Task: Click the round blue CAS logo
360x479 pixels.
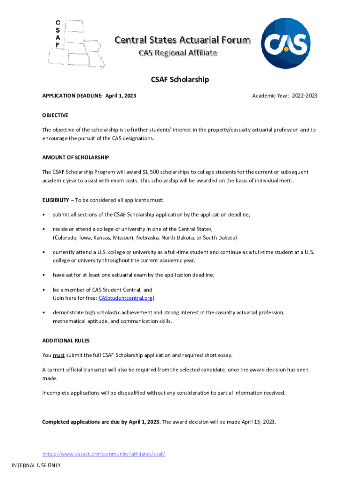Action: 285,44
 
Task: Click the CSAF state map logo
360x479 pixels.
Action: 75,44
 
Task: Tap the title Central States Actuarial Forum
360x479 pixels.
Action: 182,40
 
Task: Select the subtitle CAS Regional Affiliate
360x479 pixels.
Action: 178,53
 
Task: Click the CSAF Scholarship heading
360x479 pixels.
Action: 180,80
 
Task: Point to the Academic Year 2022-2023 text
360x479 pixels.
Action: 284,96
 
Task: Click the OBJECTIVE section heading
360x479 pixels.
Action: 55,116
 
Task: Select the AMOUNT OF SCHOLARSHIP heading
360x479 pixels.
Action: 76,158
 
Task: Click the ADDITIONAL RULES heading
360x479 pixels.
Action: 66,341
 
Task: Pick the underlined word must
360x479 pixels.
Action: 58,355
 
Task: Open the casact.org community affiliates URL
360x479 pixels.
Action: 104,454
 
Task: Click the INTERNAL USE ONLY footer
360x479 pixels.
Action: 36,465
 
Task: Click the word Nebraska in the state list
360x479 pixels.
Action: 147,238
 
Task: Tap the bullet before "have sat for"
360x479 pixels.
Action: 43,275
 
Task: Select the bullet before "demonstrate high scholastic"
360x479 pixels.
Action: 43,312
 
